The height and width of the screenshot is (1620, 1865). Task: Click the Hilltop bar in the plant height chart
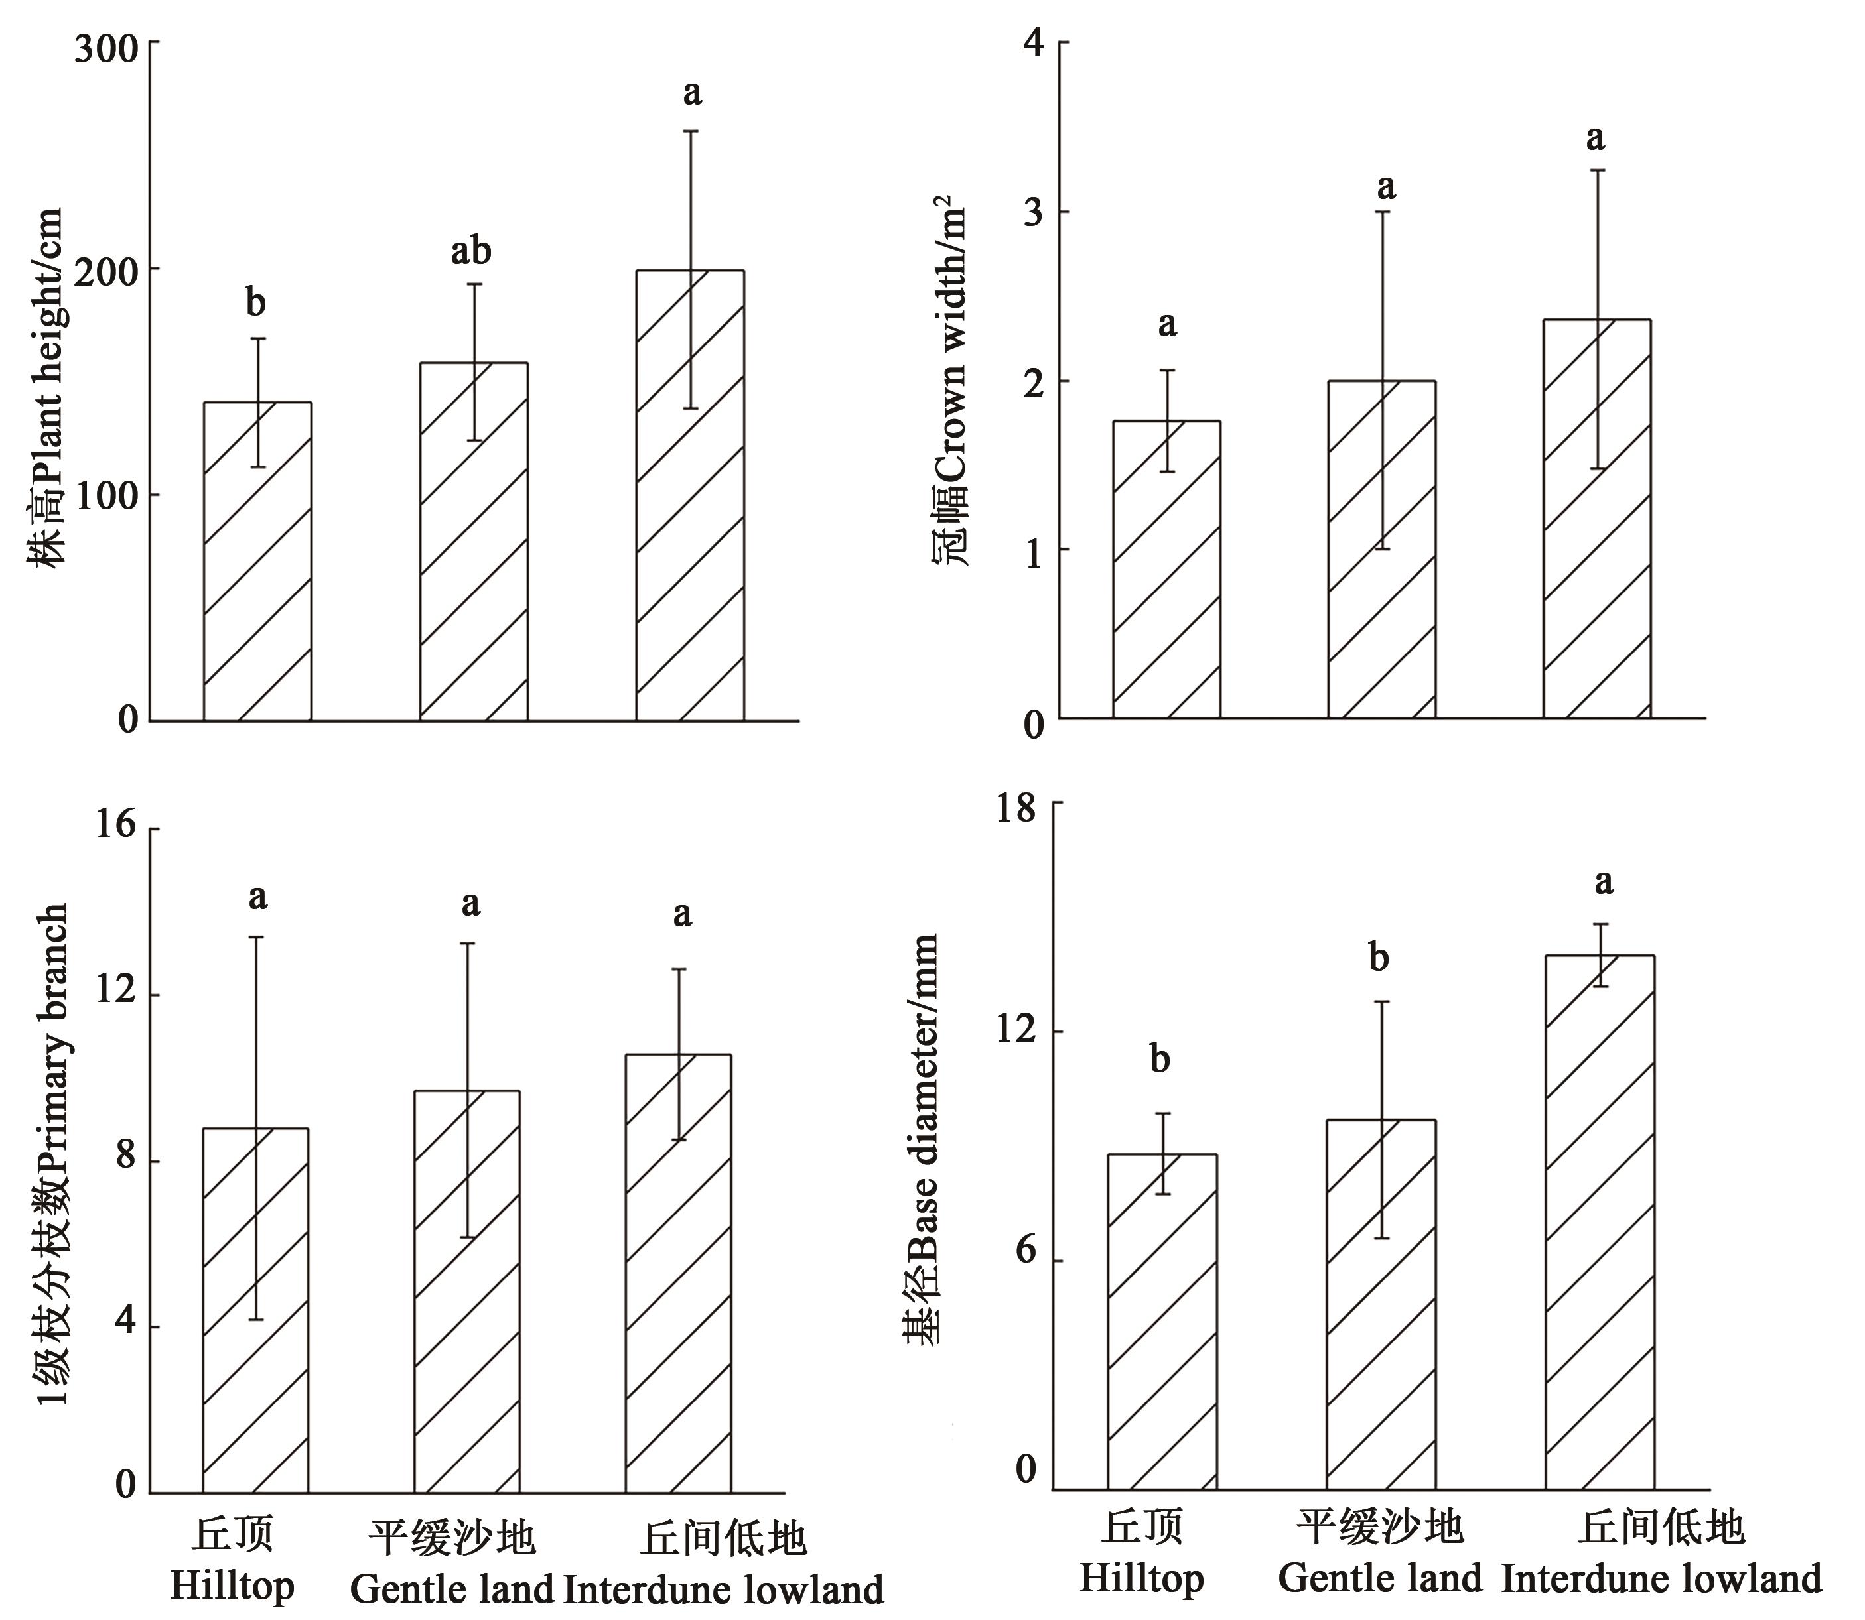click(x=258, y=560)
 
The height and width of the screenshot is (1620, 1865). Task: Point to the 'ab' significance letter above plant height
click(x=471, y=251)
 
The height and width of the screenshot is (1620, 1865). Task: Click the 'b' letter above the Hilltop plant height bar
click(x=256, y=304)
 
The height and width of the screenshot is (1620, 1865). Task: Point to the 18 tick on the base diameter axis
click(x=1016, y=807)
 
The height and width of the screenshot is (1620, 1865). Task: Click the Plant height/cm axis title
click(x=47, y=389)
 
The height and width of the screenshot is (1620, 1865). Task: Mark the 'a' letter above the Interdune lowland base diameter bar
click(x=1604, y=881)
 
